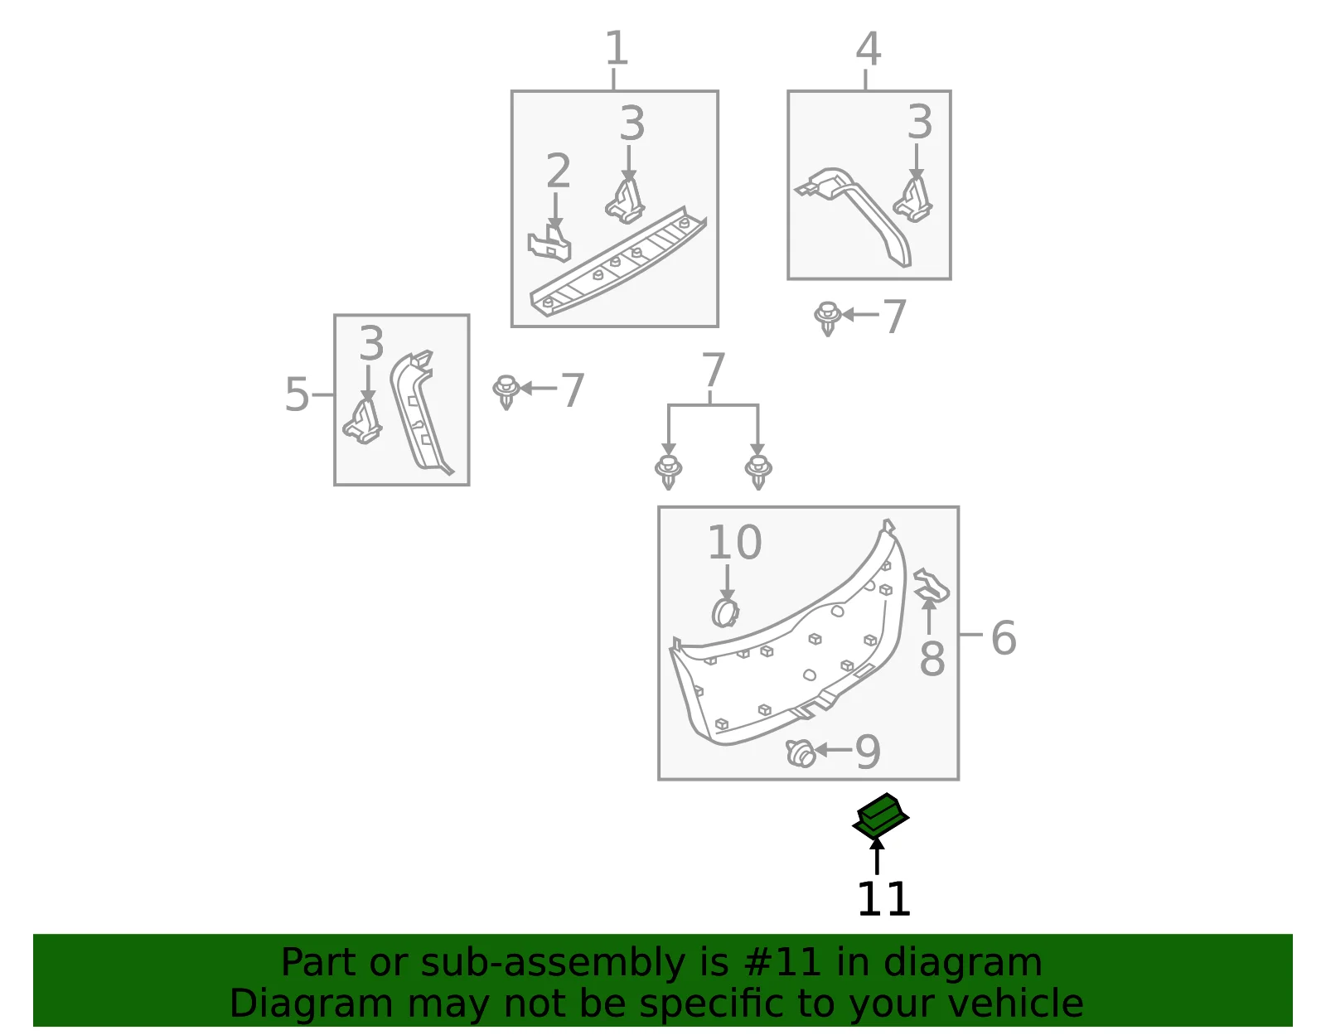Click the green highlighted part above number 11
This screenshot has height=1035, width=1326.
[x=880, y=816]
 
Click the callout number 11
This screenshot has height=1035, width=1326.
[x=883, y=899]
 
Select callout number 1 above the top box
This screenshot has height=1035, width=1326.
[x=616, y=48]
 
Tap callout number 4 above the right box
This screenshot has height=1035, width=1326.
[x=869, y=48]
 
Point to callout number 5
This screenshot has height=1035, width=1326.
[x=298, y=394]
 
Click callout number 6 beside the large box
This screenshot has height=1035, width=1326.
[x=1004, y=638]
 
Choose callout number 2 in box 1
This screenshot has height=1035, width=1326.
[x=558, y=171]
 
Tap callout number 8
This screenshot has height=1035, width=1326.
[x=932, y=660]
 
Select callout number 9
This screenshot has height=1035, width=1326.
[x=868, y=752]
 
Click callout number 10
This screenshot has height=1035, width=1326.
[x=735, y=542]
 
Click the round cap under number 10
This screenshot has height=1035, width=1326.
[x=725, y=612]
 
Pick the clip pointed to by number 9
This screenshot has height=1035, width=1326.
[x=800, y=754]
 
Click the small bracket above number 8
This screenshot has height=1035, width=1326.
[x=932, y=585]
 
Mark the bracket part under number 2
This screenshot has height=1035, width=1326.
[x=549, y=244]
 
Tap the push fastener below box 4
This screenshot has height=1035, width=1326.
[x=827, y=318]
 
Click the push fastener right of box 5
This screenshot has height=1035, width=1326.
[x=506, y=392]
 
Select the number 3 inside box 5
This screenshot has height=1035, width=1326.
[x=371, y=343]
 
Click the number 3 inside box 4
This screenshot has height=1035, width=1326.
[x=920, y=122]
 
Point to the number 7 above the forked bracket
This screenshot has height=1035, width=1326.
[x=713, y=370]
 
